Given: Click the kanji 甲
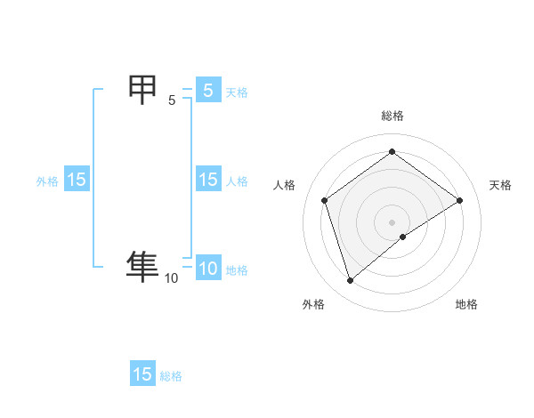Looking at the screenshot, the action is pyautogui.click(x=143, y=91).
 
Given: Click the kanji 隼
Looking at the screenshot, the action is pyautogui.click(x=142, y=266).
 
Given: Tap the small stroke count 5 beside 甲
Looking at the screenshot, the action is pyautogui.click(x=172, y=100).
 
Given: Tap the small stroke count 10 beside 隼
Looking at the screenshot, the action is pyautogui.click(x=171, y=278).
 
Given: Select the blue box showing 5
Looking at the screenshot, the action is pyautogui.click(x=207, y=90).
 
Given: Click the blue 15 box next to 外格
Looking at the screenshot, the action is pyautogui.click(x=77, y=180).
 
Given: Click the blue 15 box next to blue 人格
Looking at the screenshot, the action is pyautogui.click(x=207, y=180).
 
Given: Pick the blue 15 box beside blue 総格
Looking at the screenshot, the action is pyautogui.click(x=142, y=374).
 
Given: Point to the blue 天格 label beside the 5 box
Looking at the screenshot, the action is pyautogui.click(x=237, y=92).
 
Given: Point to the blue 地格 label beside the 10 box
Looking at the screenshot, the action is pyautogui.click(x=237, y=270).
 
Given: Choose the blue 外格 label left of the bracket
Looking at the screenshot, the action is pyautogui.click(x=47, y=181).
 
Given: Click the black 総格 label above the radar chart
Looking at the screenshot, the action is pyautogui.click(x=392, y=116).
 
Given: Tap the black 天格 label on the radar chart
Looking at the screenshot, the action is pyautogui.click(x=500, y=185).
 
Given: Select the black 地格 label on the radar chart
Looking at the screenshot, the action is pyautogui.click(x=466, y=304).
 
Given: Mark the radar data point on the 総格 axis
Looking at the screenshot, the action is pyautogui.click(x=392, y=151).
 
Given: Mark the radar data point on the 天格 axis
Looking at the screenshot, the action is pyautogui.click(x=459, y=200).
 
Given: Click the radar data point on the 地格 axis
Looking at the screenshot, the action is pyautogui.click(x=403, y=237).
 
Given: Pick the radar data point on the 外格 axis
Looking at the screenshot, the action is pyautogui.click(x=350, y=281).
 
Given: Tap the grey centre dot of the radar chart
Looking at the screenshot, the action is pyautogui.click(x=392, y=221).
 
